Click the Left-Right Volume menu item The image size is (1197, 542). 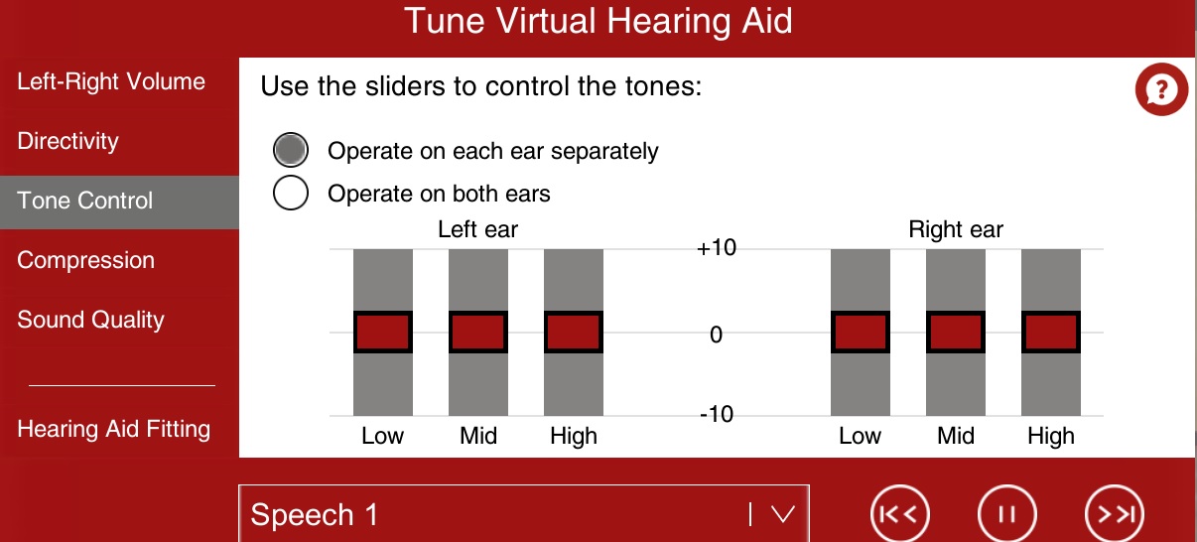[x=111, y=81]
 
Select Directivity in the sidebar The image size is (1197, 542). [x=67, y=141]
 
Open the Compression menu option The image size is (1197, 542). [x=86, y=260]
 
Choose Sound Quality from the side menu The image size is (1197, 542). [x=91, y=320]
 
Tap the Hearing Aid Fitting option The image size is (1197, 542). [x=114, y=429]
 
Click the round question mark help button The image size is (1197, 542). [x=1161, y=89]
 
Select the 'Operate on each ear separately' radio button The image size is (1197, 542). [x=291, y=150]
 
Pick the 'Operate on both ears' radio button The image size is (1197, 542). [x=291, y=193]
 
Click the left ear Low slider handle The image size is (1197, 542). [x=382, y=332]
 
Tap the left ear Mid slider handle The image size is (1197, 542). [x=478, y=332]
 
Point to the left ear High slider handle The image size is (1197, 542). [x=574, y=332]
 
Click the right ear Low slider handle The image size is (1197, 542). [x=861, y=332]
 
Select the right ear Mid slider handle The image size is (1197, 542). [x=956, y=332]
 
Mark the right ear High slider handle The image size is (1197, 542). [x=1051, y=332]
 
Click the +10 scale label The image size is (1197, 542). [x=717, y=248]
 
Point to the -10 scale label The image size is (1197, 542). [x=717, y=414]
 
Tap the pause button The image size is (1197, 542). [x=1007, y=514]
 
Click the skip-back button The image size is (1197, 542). [x=900, y=514]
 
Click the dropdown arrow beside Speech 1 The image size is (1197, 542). [x=783, y=514]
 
